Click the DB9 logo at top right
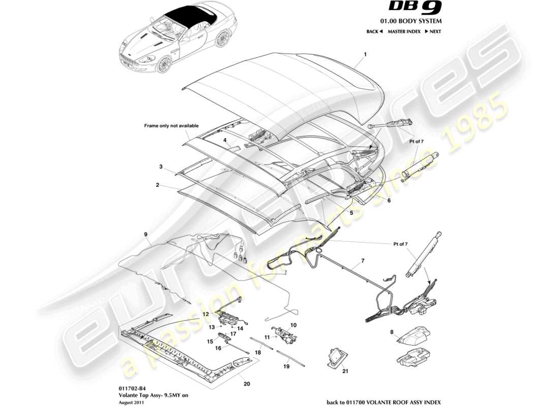[x=415, y=8]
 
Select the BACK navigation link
[x=374, y=31]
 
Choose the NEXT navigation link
[x=432, y=31]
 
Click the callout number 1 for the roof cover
[x=365, y=54]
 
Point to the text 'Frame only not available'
[x=171, y=125]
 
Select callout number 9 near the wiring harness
[x=145, y=234]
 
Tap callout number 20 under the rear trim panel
[x=247, y=384]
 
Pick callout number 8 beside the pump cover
[x=392, y=333]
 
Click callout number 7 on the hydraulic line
[x=363, y=261]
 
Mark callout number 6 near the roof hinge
[x=389, y=200]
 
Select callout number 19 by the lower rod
[x=286, y=366]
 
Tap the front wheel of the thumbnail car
[x=164, y=64]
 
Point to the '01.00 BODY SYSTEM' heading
[x=415, y=21]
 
